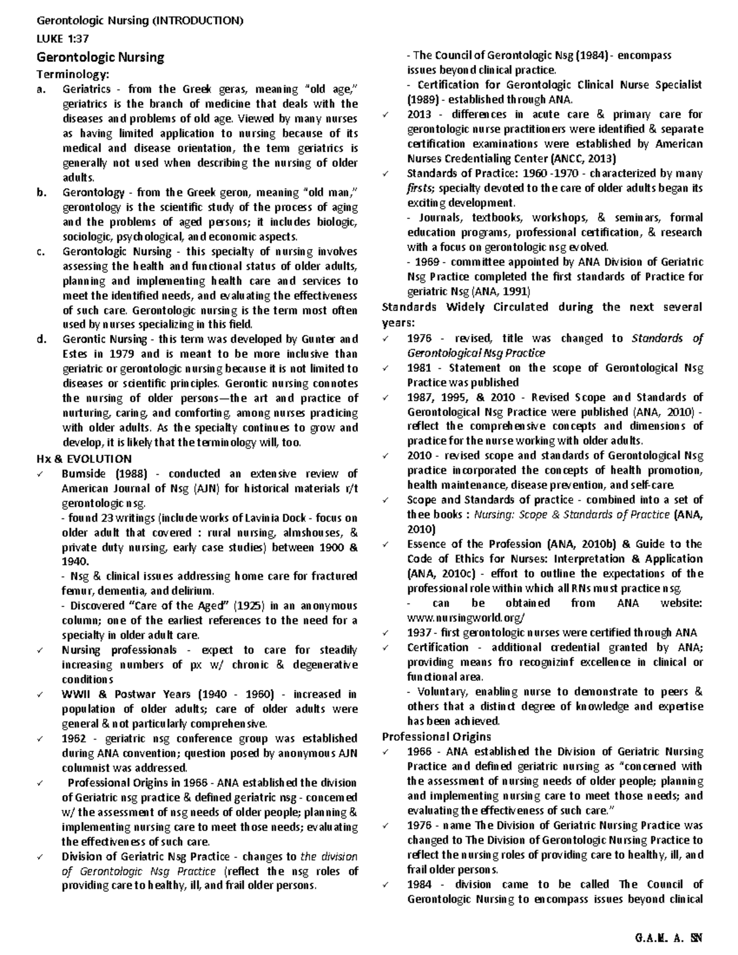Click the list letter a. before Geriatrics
tap(41, 89)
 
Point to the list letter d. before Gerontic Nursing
tap(41, 339)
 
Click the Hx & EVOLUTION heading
tap(84, 459)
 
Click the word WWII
tap(77, 694)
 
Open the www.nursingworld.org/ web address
tap(467, 618)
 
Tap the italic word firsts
tap(420, 188)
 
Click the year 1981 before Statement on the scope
tap(419, 368)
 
